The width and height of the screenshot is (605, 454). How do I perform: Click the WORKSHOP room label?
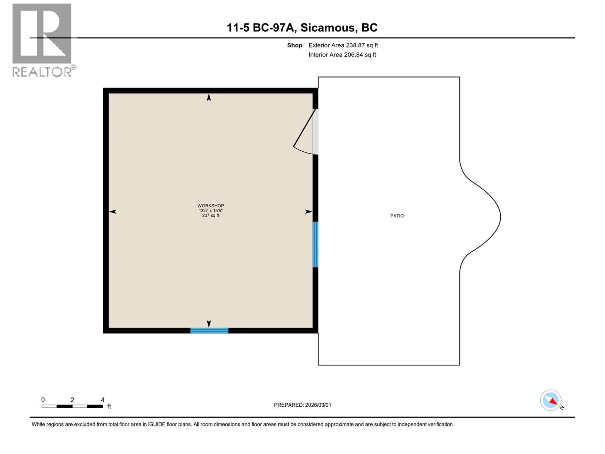click(x=211, y=206)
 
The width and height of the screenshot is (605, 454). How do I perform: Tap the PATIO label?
click(x=397, y=216)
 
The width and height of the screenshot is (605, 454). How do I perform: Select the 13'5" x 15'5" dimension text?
click(x=211, y=211)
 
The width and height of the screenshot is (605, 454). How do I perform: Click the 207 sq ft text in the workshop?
click(x=211, y=216)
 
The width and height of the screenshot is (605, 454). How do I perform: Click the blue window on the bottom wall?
click(x=209, y=331)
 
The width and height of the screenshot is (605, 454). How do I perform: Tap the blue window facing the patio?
click(x=315, y=244)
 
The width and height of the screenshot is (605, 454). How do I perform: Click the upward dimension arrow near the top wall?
click(x=209, y=98)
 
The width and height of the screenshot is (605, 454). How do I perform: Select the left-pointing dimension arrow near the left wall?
click(x=113, y=211)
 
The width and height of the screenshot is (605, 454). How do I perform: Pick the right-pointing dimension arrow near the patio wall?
click(x=309, y=211)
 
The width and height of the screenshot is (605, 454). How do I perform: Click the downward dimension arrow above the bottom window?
click(x=209, y=323)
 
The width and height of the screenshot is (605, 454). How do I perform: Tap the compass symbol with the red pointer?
click(x=551, y=400)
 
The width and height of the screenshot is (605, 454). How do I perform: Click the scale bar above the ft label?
click(x=72, y=406)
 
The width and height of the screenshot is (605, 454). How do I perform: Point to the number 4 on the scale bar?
click(x=102, y=400)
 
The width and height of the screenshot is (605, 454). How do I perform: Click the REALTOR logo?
click(x=42, y=40)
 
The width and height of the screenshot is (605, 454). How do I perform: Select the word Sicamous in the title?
click(x=328, y=28)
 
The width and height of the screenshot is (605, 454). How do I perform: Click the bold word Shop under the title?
click(x=295, y=45)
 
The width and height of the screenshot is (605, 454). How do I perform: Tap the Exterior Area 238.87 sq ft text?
click(x=343, y=45)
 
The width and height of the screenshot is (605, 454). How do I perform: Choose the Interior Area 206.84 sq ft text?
click(x=342, y=55)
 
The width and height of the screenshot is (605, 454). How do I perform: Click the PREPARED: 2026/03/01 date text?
click(x=302, y=405)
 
